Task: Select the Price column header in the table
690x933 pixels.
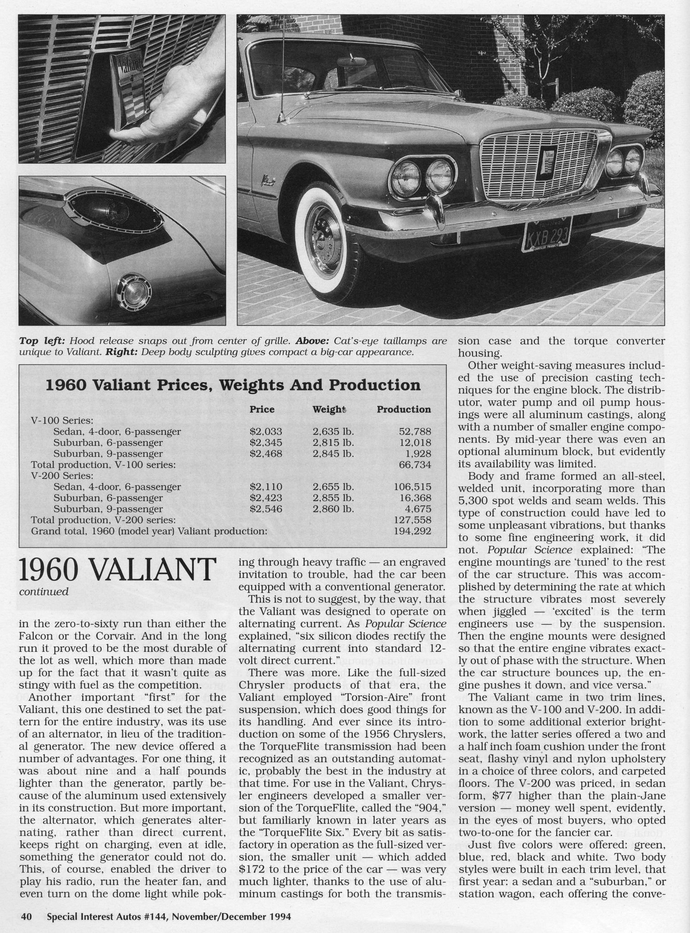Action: pyautogui.click(x=262, y=410)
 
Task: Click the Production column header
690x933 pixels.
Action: pyautogui.click(x=404, y=410)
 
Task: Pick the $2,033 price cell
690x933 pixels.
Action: pyautogui.click(x=265, y=432)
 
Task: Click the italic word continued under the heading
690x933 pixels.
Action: pyautogui.click(x=44, y=592)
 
